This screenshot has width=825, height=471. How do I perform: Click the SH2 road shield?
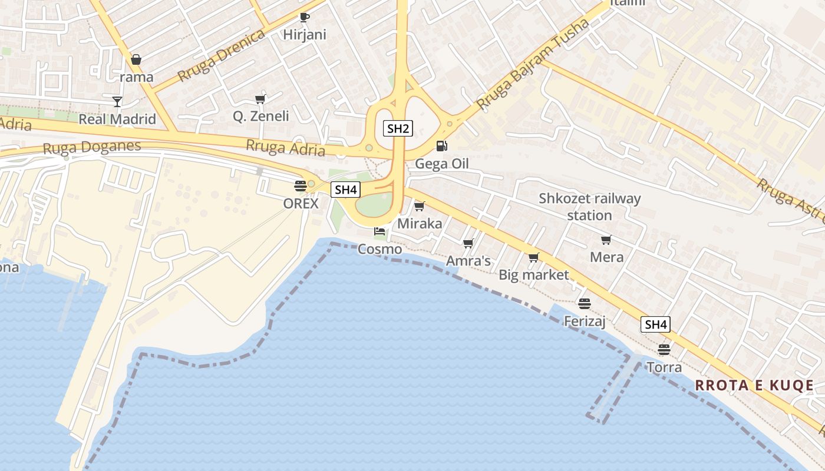pyautogui.click(x=397, y=128)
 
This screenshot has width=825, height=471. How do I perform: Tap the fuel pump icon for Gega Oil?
pyautogui.click(x=441, y=145)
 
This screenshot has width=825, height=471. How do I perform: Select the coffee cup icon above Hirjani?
pyautogui.click(x=304, y=17)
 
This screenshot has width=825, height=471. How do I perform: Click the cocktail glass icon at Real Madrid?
pyautogui.click(x=117, y=102)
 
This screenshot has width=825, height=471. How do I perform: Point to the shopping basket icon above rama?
pyautogui.click(x=136, y=59)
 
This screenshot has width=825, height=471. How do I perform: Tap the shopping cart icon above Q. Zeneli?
pyautogui.click(x=260, y=99)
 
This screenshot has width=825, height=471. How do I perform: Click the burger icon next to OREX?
pyautogui.click(x=301, y=186)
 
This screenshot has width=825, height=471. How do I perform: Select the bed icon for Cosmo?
pyautogui.click(x=379, y=231)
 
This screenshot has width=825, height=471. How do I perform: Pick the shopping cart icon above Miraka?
pyautogui.click(x=420, y=206)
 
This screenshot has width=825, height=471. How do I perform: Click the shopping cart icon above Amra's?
pyautogui.click(x=468, y=243)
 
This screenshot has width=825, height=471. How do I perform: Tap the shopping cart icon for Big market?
pyautogui.click(x=534, y=257)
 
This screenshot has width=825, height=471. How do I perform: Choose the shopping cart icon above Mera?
pyautogui.click(x=606, y=240)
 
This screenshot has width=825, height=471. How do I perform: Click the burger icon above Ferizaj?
pyautogui.click(x=585, y=304)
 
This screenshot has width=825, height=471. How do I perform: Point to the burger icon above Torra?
pyautogui.click(x=664, y=350)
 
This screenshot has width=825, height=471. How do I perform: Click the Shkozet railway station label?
pyautogui.click(x=589, y=207)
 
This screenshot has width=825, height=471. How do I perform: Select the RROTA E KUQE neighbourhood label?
pyautogui.click(x=754, y=386)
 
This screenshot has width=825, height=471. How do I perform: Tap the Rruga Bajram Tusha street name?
pyautogui.click(x=533, y=65)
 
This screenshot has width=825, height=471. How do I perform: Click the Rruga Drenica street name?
pyautogui.click(x=222, y=56)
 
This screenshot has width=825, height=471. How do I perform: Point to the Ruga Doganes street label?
pyautogui.click(x=92, y=147)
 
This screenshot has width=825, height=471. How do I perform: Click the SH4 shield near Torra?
pyautogui.click(x=655, y=324)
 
